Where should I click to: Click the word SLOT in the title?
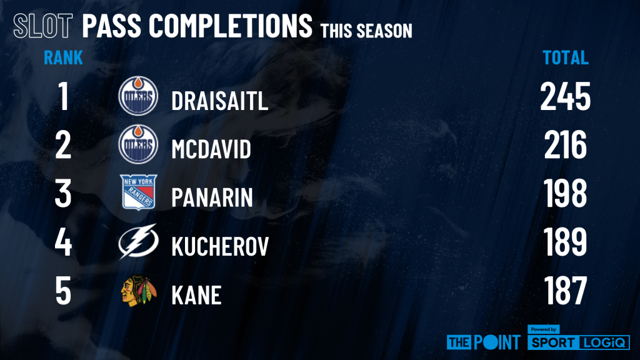click(x=43, y=26)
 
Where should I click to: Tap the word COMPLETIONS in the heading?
click(x=230, y=26)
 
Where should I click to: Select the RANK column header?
click(x=63, y=57)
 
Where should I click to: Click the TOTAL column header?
click(x=565, y=57)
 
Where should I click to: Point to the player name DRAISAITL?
click(x=219, y=101)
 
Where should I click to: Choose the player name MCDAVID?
click(x=211, y=149)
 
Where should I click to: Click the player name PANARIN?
click(x=212, y=197)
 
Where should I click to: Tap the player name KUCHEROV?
click(x=220, y=246)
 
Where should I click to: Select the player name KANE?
click(x=196, y=295)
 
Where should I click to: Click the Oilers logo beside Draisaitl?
click(x=138, y=96)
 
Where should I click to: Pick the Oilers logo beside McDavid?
click(x=138, y=144)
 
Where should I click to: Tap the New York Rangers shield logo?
click(x=138, y=192)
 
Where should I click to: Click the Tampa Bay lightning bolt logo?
click(x=138, y=241)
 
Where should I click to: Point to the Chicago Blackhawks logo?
click(x=139, y=291)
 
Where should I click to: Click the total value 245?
click(x=565, y=96)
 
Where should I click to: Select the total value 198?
click(x=565, y=193)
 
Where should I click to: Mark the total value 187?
click(x=565, y=290)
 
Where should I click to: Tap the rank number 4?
click(x=63, y=242)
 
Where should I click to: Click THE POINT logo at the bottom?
click(x=484, y=342)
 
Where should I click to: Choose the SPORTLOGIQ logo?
click(x=578, y=338)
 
